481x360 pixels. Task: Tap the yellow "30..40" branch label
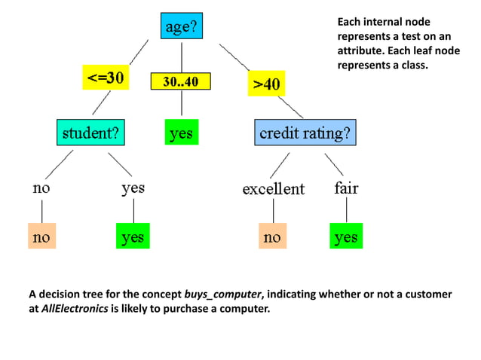click(x=181, y=82)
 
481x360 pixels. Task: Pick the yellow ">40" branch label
click(x=265, y=84)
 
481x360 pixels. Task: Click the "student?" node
click(x=90, y=134)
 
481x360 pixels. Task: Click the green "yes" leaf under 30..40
click(x=181, y=134)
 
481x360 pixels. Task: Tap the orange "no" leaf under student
click(x=41, y=238)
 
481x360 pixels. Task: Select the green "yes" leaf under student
click(x=132, y=238)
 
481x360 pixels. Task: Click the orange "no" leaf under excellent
click(x=271, y=238)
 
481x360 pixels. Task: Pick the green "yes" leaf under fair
click(x=346, y=238)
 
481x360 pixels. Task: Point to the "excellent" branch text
click(x=273, y=189)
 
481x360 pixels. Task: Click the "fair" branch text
click(x=346, y=188)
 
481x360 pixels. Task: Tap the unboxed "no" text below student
click(x=41, y=188)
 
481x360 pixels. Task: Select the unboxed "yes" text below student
click(x=133, y=188)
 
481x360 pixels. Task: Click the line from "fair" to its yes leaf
click(x=346, y=211)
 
